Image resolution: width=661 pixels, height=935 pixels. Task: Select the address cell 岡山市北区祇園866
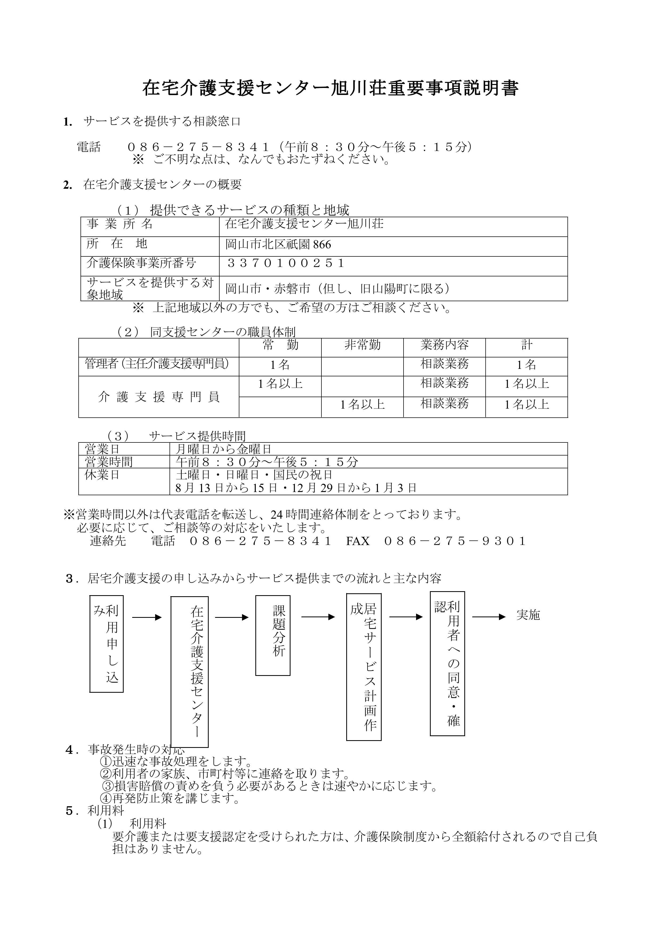[278, 244]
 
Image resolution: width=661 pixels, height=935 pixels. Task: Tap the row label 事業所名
[120, 224]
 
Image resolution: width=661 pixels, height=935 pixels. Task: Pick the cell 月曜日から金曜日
[224, 449]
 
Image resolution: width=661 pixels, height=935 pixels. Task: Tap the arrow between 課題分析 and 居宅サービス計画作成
[318, 617]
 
